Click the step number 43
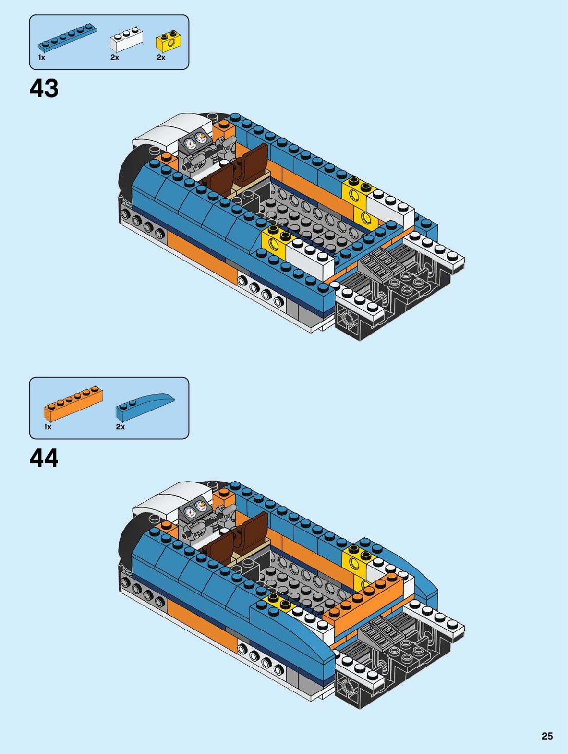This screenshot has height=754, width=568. [44, 88]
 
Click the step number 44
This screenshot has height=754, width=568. [44, 458]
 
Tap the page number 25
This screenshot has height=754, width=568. [547, 736]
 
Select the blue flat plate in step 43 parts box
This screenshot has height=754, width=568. [67, 38]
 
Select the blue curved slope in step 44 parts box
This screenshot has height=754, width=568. [144, 406]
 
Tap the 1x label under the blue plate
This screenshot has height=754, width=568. [42, 58]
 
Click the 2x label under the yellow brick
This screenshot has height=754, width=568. [161, 58]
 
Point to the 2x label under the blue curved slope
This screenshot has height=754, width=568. [120, 427]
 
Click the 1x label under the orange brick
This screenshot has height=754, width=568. [48, 427]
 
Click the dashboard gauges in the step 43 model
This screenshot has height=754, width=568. [195, 140]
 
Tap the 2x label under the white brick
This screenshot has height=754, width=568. [115, 58]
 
